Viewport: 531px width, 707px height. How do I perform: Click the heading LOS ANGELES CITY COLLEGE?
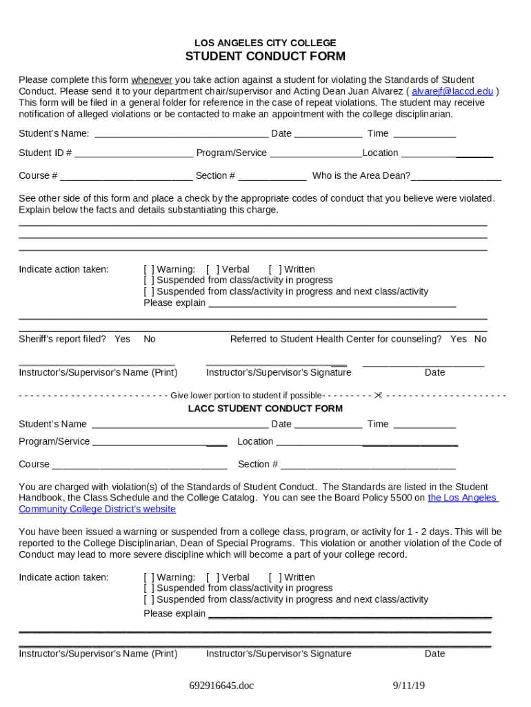[265, 43]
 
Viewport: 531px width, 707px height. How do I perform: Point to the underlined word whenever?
[152, 80]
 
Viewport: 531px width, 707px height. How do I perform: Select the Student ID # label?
[45, 153]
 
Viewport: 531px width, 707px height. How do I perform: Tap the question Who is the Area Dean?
[361, 176]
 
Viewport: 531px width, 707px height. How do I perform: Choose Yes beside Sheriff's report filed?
[123, 339]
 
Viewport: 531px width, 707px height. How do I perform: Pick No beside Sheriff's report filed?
[150, 339]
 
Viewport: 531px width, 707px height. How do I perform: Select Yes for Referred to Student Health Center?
[459, 339]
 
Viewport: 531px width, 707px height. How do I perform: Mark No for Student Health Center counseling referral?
[481, 339]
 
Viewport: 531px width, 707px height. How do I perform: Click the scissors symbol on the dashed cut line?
[378, 396]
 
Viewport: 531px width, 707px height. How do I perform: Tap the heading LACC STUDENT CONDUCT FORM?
[265, 409]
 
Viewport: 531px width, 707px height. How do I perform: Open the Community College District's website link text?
[97, 510]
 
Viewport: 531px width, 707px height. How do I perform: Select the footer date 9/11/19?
[409, 686]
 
